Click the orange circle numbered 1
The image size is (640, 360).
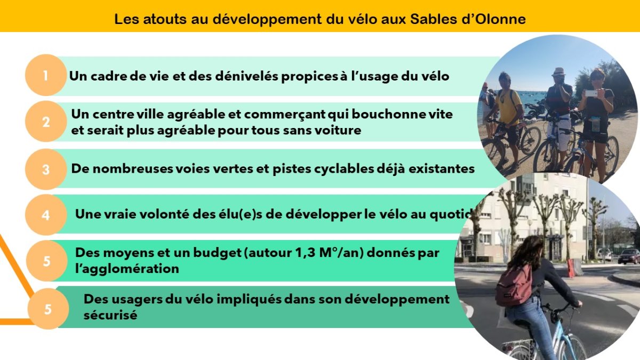pos(46,75)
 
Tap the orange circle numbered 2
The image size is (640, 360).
pos(46,122)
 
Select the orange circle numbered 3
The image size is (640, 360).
pos(46,169)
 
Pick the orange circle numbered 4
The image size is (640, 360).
pos(46,215)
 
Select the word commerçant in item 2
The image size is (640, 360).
pos(285,115)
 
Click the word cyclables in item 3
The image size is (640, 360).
pos(344,169)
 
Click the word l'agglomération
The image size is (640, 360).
pos(127,269)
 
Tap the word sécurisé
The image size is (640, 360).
pos(110,315)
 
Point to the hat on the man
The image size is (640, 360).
pos(558,72)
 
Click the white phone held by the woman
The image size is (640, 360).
pos(591,93)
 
